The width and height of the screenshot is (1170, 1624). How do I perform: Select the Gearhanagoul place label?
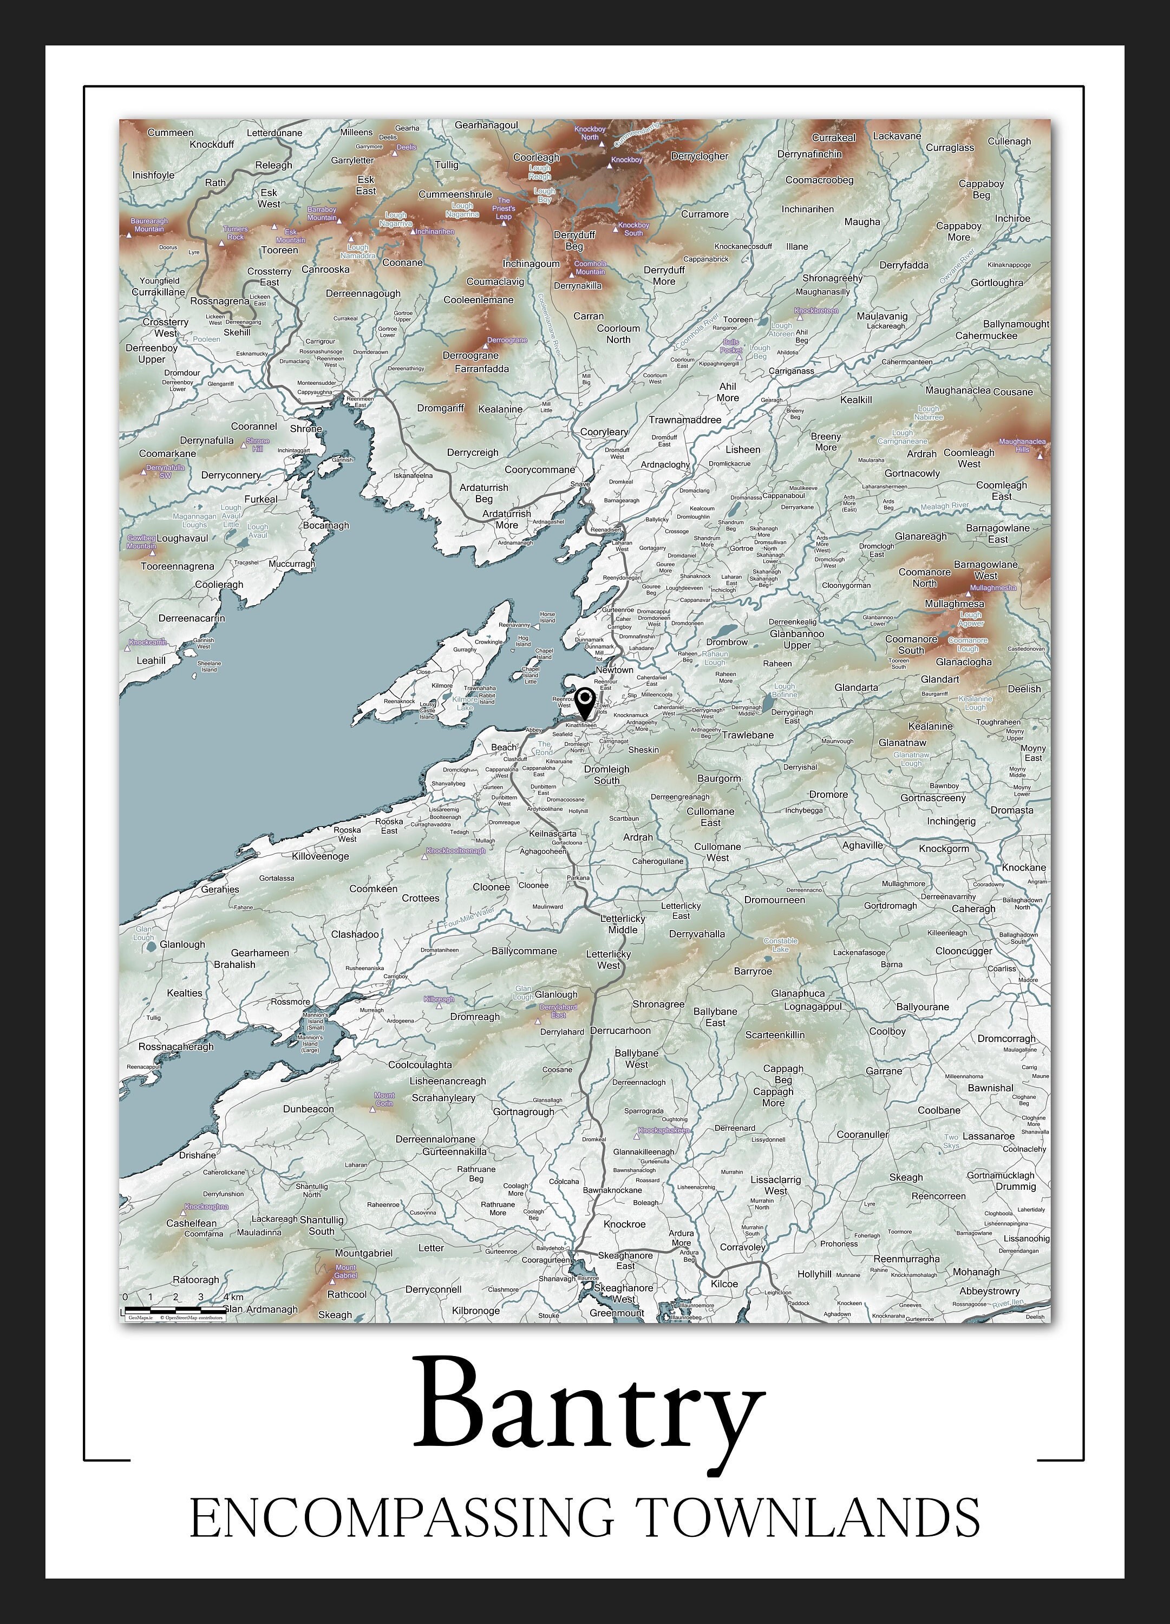[x=486, y=125]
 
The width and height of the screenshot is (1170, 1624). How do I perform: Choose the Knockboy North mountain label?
[x=589, y=133]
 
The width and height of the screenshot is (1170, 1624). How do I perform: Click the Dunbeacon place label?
[x=308, y=1109]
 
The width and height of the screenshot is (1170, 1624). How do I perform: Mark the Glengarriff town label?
[x=220, y=384]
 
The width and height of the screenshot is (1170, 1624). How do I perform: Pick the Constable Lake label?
[x=780, y=945]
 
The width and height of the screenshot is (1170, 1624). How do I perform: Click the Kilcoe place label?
[x=724, y=1284]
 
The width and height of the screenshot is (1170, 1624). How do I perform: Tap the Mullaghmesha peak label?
[x=992, y=588]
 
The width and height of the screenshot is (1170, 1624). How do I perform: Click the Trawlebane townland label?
[x=748, y=735]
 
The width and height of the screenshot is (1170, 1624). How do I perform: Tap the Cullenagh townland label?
[x=1009, y=141]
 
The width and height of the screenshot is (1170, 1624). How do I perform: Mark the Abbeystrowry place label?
[x=990, y=1291]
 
